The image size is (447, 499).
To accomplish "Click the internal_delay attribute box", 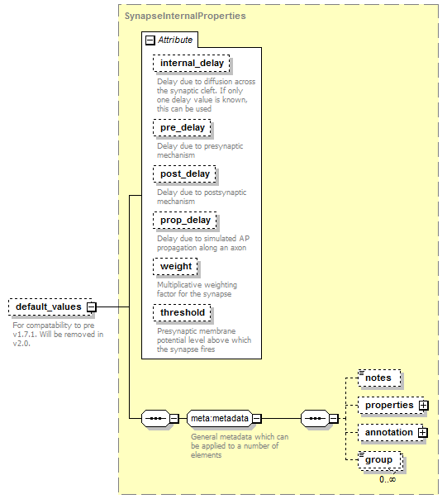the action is pyautogui.click(x=191, y=63).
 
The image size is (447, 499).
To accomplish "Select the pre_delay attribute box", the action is pyautogui.click(x=182, y=127).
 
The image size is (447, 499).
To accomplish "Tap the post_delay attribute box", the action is pyautogui.click(x=184, y=174).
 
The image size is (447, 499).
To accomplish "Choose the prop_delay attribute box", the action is pyautogui.click(x=185, y=221).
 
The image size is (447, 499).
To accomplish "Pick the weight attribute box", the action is pyautogui.click(x=175, y=266).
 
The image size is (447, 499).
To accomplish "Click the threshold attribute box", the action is pyautogui.click(x=182, y=313).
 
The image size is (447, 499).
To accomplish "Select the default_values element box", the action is pyautogui.click(x=50, y=307).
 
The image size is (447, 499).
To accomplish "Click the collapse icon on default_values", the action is pyautogui.click(x=92, y=307).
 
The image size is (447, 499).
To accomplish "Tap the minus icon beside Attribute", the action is pyautogui.click(x=150, y=40).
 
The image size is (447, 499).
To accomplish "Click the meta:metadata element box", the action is pyautogui.click(x=220, y=419).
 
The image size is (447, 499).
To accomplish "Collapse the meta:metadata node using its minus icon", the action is pyautogui.click(x=257, y=419).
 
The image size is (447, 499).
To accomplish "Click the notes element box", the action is pyautogui.click(x=379, y=378).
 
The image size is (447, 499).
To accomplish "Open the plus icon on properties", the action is pyautogui.click(x=423, y=406).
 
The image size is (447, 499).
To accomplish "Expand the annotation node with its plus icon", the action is pyautogui.click(x=423, y=432).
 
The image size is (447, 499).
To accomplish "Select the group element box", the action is pyautogui.click(x=380, y=460).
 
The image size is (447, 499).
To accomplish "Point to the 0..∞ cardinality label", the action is pyautogui.click(x=388, y=480).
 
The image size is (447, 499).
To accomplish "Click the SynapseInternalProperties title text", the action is pyautogui.click(x=185, y=16).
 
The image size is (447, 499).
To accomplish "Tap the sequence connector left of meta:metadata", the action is pyautogui.click(x=155, y=419).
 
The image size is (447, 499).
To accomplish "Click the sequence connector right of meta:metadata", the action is pyautogui.click(x=315, y=419).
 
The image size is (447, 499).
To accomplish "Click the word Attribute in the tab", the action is pyautogui.click(x=175, y=40).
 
